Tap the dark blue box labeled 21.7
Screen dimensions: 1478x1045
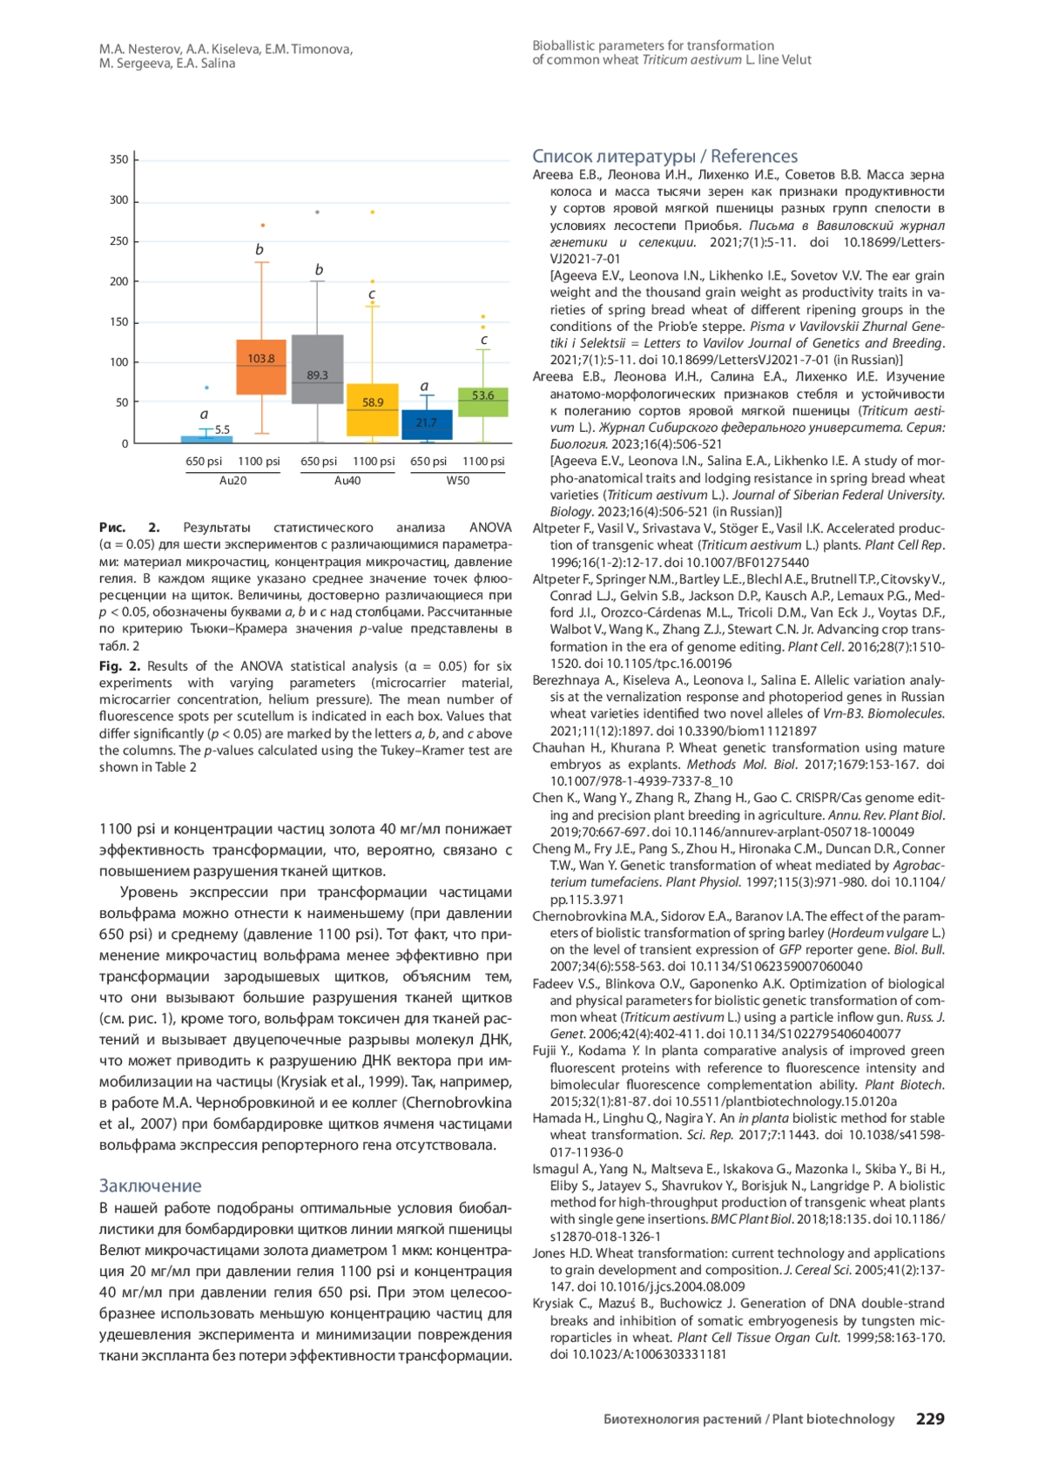pyautogui.click(x=427, y=424)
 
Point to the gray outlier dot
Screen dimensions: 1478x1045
pyautogui.click(x=317, y=212)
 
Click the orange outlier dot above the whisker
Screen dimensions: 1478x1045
pyautogui.click(x=263, y=226)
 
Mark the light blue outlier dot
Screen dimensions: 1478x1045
pyautogui.click(x=206, y=388)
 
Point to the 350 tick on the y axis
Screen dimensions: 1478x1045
pyautogui.click(x=119, y=159)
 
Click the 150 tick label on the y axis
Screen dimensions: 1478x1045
pyautogui.click(x=119, y=322)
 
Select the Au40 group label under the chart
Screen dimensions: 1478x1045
pyautogui.click(x=347, y=481)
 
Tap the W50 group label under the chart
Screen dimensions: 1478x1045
pyautogui.click(x=458, y=481)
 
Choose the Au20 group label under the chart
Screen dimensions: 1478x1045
pyautogui.click(x=233, y=481)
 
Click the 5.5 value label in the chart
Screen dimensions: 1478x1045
pyautogui.click(x=222, y=429)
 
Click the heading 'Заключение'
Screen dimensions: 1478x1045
pyautogui.click(x=150, y=1185)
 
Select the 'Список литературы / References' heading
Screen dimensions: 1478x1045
pyautogui.click(x=664, y=157)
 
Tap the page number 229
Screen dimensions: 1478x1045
pyautogui.click(x=929, y=1419)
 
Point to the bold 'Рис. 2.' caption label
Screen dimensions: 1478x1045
pyautogui.click(x=129, y=528)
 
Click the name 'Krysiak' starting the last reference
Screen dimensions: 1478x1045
pyautogui.click(x=555, y=1304)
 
